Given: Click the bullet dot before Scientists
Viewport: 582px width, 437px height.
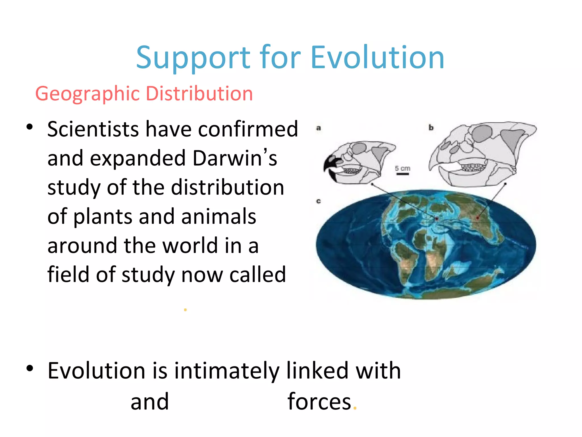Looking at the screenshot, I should [x=30, y=127].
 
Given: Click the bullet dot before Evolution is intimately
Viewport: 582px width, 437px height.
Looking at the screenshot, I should [x=30, y=368].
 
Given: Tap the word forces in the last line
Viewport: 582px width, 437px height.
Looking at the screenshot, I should [x=319, y=401].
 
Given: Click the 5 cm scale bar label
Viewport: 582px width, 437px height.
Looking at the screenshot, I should [x=402, y=168].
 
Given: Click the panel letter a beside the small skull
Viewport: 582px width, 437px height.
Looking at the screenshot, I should [x=319, y=128].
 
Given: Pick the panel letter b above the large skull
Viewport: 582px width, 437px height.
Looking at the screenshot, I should [x=431, y=128].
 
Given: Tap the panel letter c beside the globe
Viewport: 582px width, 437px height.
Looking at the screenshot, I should [x=319, y=201].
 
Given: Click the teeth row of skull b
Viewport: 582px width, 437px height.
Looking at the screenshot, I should [x=473, y=167].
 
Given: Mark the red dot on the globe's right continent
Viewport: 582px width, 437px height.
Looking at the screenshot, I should [x=478, y=218].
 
